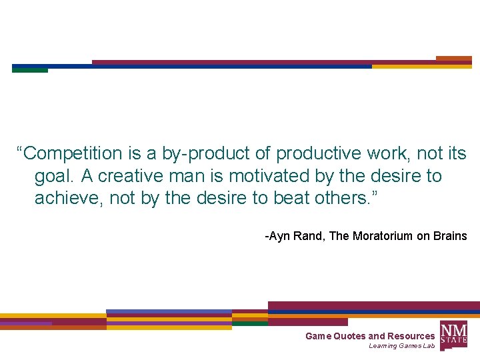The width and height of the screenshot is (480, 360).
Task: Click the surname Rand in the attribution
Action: (310, 236)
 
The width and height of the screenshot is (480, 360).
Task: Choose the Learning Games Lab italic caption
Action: (401, 346)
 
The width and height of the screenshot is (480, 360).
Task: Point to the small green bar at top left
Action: (30, 70)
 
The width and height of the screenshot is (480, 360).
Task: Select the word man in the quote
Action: (185, 176)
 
